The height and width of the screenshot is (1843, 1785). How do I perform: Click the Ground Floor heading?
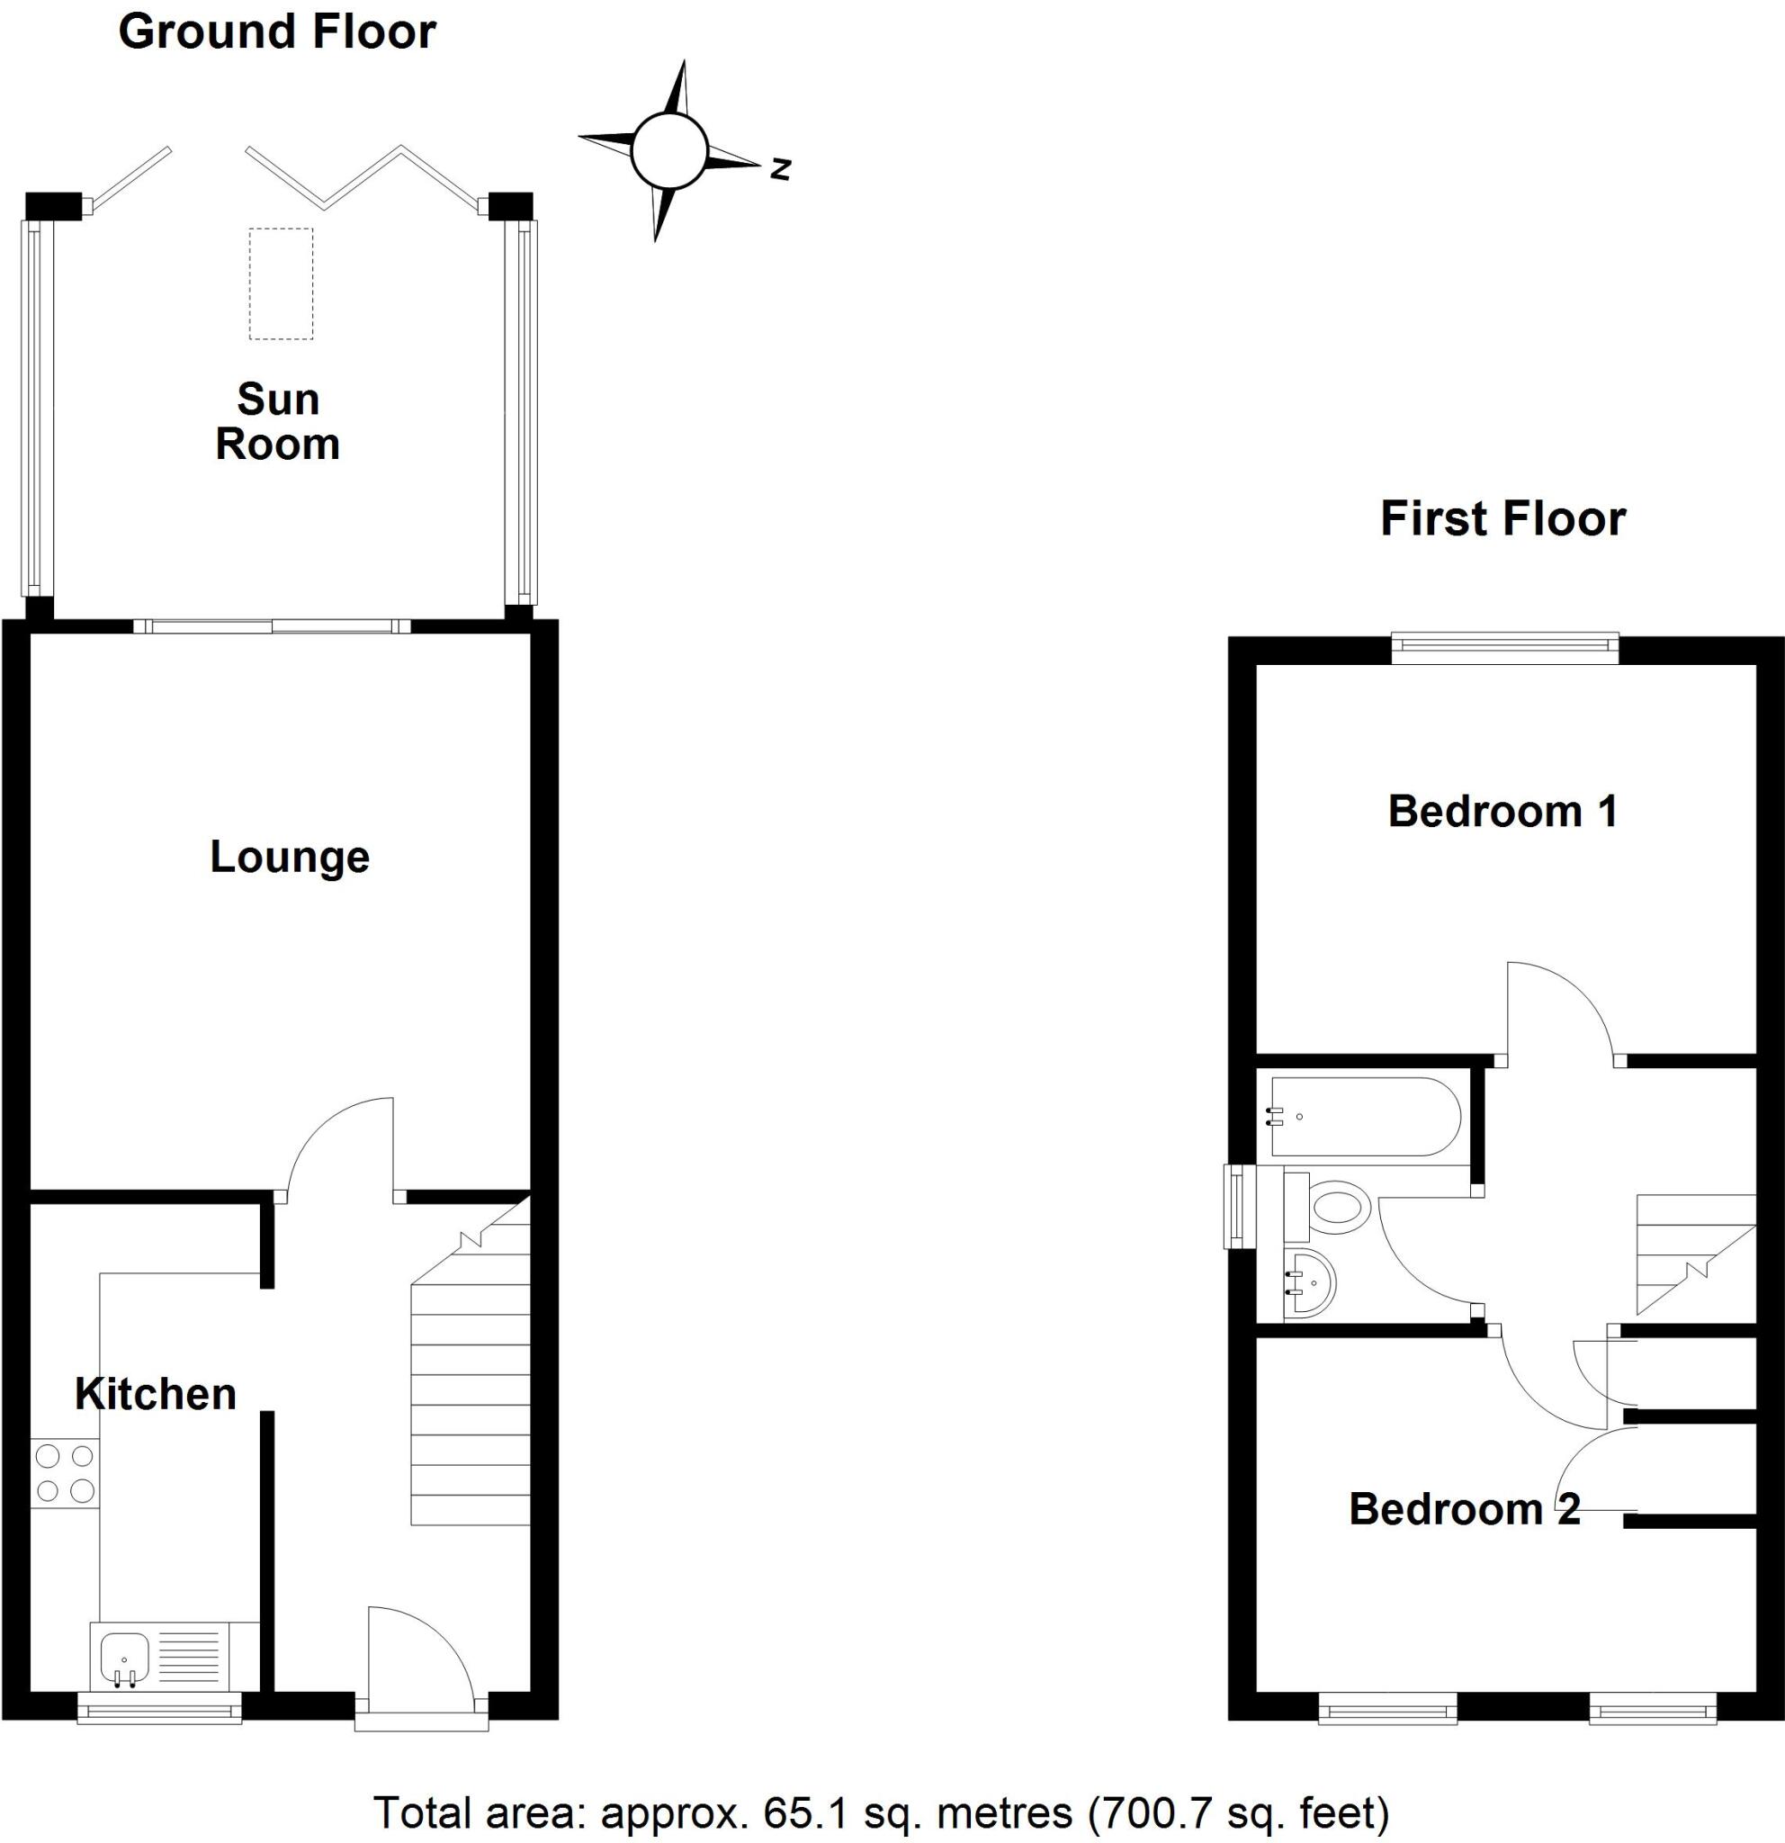[276, 32]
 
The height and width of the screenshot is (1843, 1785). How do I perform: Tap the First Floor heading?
[1502, 519]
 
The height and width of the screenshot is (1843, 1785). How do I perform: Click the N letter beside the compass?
[780, 169]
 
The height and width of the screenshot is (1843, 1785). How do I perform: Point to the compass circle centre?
[668, 150]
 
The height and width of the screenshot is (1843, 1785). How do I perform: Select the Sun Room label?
[277, 421]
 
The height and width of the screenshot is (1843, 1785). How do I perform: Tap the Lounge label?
[290, 857]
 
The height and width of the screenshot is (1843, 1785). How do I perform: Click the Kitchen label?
[155, 1394]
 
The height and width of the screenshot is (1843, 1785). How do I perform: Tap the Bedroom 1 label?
[1502, 812]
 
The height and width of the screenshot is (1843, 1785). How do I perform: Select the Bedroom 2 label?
[1464, 1509]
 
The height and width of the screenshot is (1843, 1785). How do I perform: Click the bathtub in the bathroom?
[1363, 1116]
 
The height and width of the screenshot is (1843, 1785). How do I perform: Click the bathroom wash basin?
[1308, 1283]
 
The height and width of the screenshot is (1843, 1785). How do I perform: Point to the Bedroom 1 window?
[1504, 648]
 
